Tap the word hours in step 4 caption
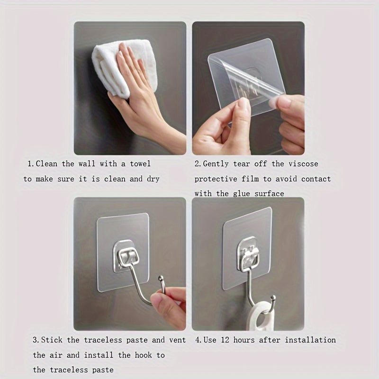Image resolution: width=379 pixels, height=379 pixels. coord(247,340)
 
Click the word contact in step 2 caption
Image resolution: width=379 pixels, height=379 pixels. coord(316,179)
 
